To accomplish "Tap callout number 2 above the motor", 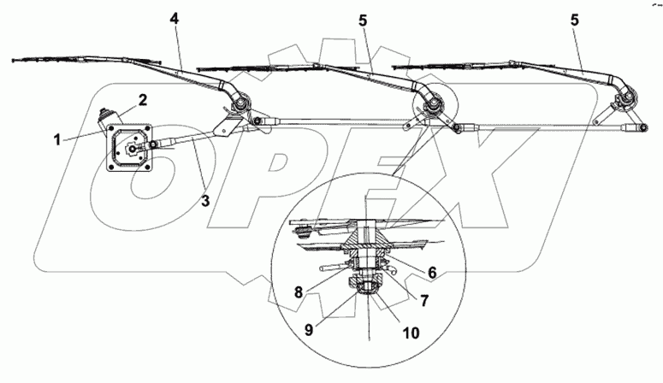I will click(x=143, y=99).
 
